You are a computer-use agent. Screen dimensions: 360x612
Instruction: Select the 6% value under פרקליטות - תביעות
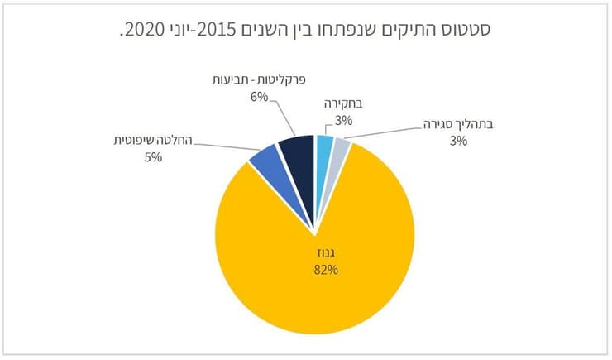point(260,97)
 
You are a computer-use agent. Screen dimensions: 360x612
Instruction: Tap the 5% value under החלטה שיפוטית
point(151,156)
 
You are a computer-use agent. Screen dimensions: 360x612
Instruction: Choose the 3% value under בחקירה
point(345,121)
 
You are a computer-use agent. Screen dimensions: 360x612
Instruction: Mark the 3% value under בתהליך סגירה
point(459,141)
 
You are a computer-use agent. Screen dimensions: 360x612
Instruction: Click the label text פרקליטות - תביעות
point(258,81)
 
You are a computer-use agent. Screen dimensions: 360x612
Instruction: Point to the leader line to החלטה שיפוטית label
point(223,150)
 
